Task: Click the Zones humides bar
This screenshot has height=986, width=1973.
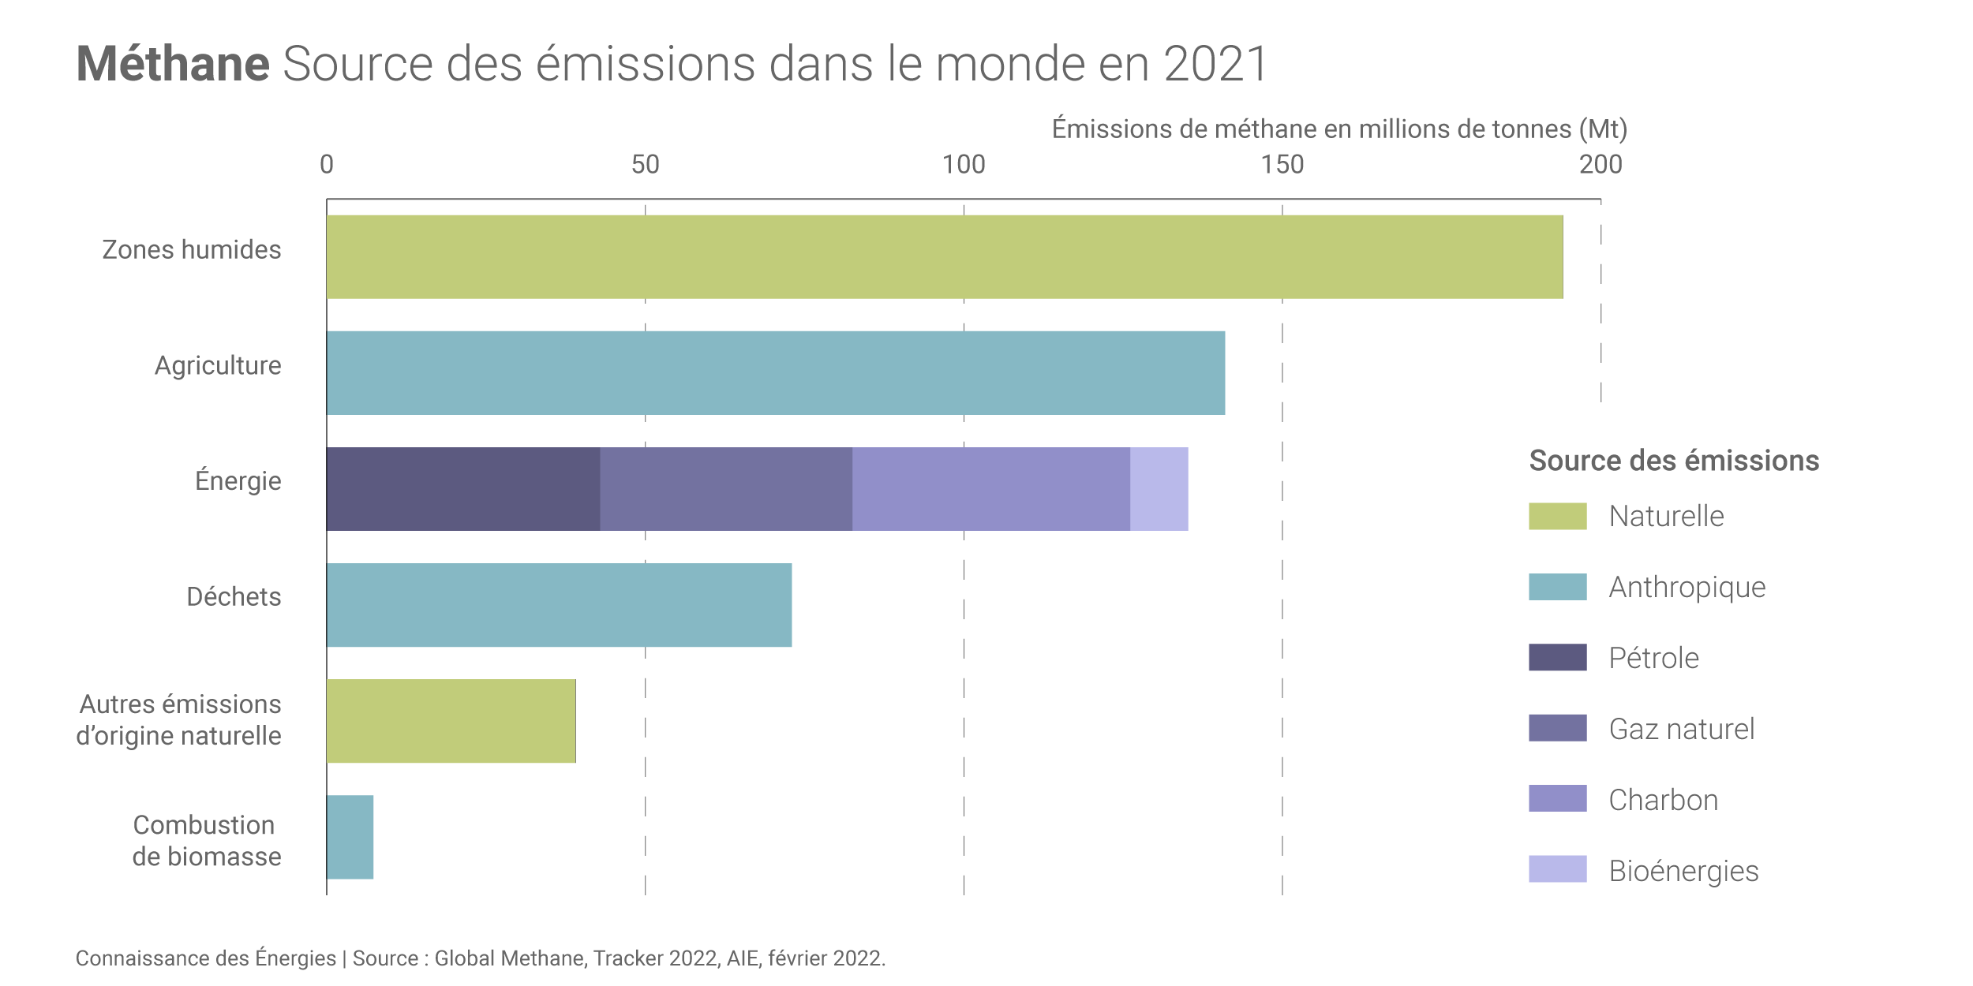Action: [x=944, y=257]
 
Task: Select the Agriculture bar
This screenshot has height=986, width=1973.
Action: [x=775, y=373]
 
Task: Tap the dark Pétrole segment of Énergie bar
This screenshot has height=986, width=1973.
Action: [x=463, y=489]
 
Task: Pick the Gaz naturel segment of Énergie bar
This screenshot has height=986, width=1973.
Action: [x=726, y=489]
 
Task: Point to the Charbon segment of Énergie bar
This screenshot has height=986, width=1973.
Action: [x=990, y=489]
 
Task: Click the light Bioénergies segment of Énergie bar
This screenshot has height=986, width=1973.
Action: [x=1159, y=489]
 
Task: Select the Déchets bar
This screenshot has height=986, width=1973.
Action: [x=559, y=605]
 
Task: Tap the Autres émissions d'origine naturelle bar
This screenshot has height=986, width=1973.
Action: [x=451, y=721]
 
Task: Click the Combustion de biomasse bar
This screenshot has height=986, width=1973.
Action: [x=350, y=837]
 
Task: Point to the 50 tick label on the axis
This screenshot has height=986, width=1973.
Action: [x=645, y=165]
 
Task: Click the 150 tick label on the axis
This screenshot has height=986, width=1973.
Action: [x=1282, y=165]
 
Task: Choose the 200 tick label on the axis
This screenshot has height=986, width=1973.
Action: [x=1600, y=165]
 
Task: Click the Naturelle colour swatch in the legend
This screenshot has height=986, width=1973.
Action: [x=1557, y=516]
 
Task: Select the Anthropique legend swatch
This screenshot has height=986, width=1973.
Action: [x=1557, y=587]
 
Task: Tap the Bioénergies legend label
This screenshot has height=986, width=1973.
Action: [x=1683, y=871]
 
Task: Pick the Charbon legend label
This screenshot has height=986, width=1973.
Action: [x=1663, y=800]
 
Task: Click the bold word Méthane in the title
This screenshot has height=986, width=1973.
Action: [x=173, y=63]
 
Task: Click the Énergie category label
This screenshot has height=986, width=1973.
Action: [x=238, y=480]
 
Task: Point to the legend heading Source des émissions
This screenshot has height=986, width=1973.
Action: [x=1674, y=461]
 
